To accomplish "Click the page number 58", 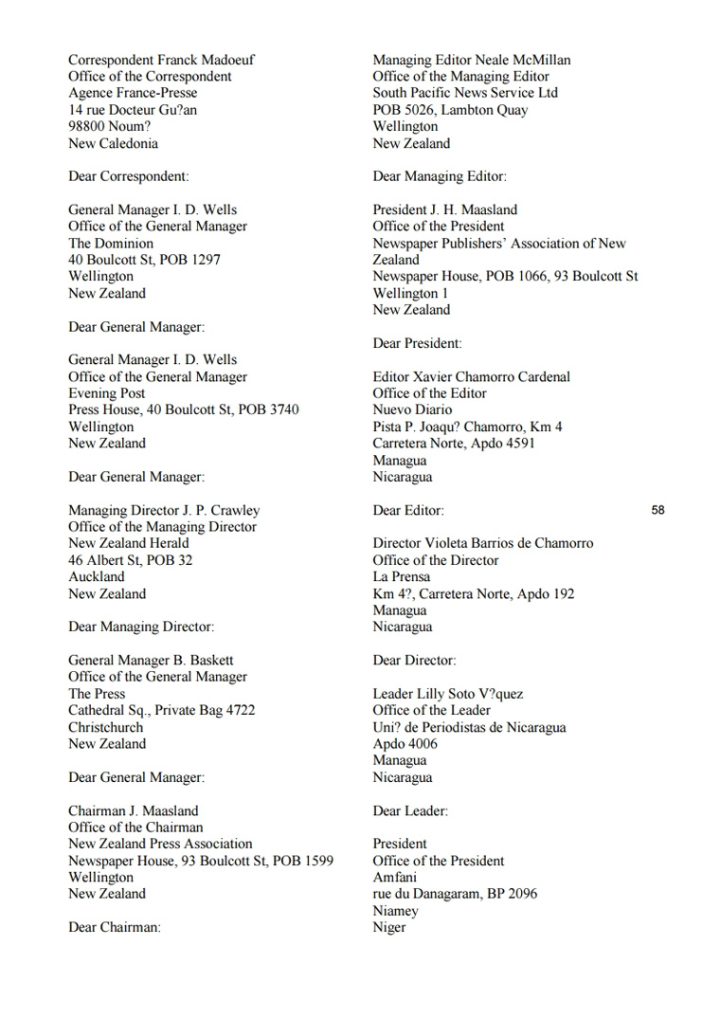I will pyautogui.click(x=658, y=510).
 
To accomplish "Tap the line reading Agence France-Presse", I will pyautogui.click(x=133, y=93).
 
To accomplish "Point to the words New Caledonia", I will pyautogui.click(x=113, y=143).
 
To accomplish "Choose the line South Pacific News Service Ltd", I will pyautogui.click(x=465, y=93).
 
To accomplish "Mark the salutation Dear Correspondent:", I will pyautogui.click(x=128, y=176).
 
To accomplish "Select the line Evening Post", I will pyautogui.click(x=106, y=393).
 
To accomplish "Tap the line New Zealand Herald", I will pyautogui.click(x=128, y=543).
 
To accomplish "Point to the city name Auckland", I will pyautogui.click(x=96, y=576).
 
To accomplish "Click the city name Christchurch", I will pyautogui.click(x=106, y=727).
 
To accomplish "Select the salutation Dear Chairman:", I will pyautogui.click(x=115, y=927).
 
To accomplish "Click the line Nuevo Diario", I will pyautogui.click(x=412, y=409).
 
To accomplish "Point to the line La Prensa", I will pyautogui.click(x=401, y=576).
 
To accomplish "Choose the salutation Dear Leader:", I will pyautogui.click(x=410, y=810).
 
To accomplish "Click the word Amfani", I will pyautogui.click(x=394, y=877).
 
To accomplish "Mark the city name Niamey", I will pyautogui.click(x=395, y=911).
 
